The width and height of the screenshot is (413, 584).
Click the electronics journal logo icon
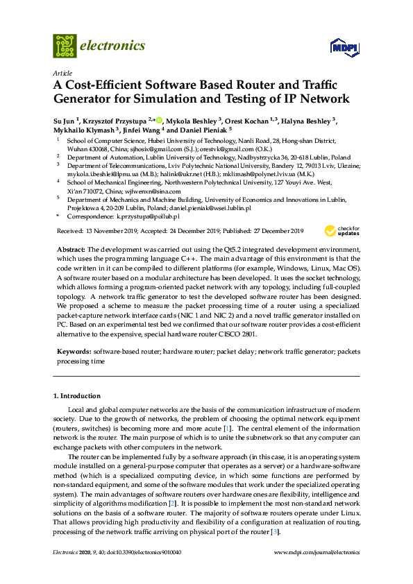pyautogui.click(x=65, y=46)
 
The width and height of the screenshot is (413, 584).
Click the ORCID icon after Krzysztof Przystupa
pyautogui.click(x=159, y=119)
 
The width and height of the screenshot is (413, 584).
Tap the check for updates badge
pyautogui.click(x=348, y=230)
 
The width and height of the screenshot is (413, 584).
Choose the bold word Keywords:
pyautogui.click(x=73, y=352)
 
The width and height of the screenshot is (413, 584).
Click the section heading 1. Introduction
pyautogui.click(x=77, y=396)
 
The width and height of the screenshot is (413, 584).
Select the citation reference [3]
pyautogui.click(x=276, y=531)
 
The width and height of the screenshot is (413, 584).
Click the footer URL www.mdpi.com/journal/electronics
pyautogui.click(x=318, y=553)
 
